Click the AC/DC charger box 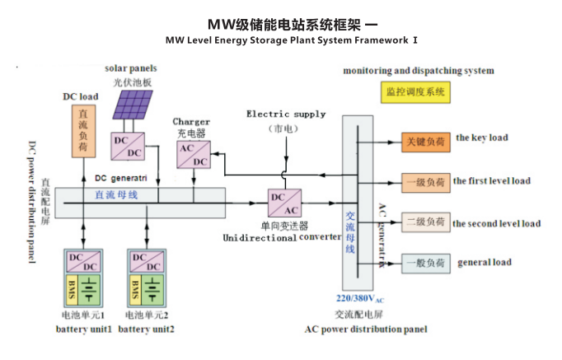[191, 154]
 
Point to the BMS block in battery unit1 [72, 289]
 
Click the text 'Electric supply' [286, 115]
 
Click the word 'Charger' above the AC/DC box [190, 122]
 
